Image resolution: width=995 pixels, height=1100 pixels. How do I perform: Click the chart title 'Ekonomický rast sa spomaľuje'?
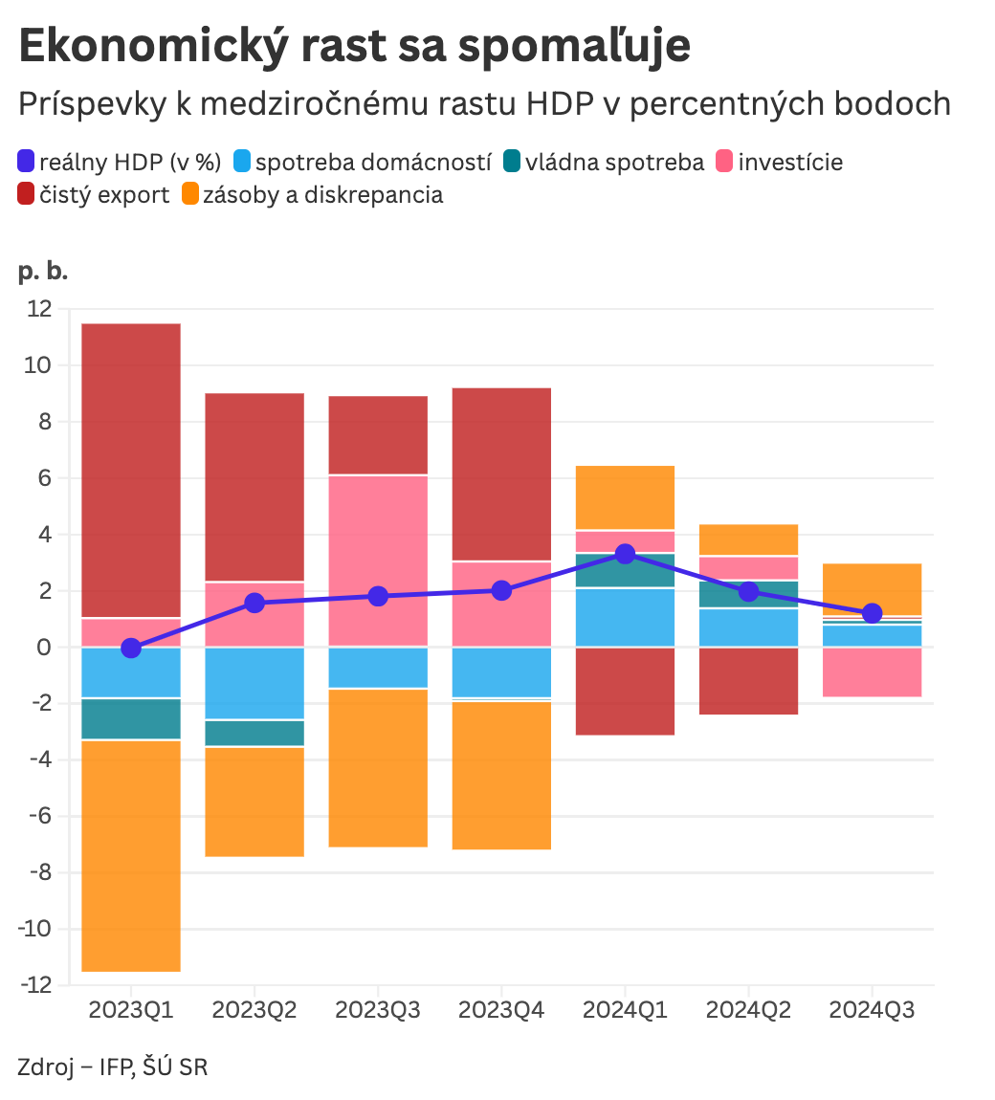[x=354, y=46]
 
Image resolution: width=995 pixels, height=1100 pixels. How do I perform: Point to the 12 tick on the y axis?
[x=40, y=309]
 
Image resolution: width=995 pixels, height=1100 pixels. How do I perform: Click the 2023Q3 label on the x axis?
[x=378, y=1010]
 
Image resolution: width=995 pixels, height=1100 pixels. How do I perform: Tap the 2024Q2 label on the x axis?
[x=748, y=1010]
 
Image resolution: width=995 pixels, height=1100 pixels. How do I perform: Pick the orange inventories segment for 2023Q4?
[x=501, y=775]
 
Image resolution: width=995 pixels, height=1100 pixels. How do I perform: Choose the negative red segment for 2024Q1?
[x=625, y=691]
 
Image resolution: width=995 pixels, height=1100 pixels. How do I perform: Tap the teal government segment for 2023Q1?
[x=131, y=718]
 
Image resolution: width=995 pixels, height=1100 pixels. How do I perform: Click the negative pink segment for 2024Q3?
[x=872, y=672]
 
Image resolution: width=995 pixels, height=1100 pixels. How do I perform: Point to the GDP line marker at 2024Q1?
[x=625, y=554]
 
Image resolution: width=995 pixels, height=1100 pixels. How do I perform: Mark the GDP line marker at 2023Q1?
[x=131, y=649]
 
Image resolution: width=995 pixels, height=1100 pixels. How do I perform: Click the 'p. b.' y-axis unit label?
[x=43, y=272]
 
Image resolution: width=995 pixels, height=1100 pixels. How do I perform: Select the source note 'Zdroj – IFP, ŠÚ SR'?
[x=112, y=1067]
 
